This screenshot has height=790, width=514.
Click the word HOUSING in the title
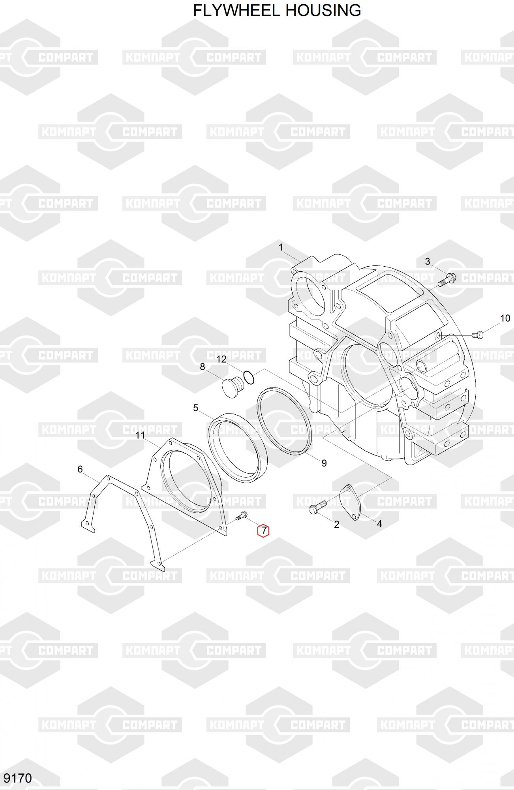[x=323, y=11]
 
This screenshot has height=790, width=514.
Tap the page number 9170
[x=17, y=778]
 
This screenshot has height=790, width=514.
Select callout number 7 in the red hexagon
[x=264, y=531]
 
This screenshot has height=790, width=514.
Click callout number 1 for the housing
[x=281, y=248]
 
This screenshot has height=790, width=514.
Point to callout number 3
[x=428, y=261]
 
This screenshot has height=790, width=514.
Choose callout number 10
[x=505, y=318]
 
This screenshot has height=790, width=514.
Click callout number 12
[x=221, y=359]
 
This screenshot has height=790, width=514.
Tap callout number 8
[x=203, y=367]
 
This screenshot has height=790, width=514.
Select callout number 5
[x=196, y=408]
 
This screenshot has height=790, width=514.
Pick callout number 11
[x=140, y=435]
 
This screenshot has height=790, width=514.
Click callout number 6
[x=80, y=469]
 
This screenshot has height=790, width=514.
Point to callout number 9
[x=324, y=463]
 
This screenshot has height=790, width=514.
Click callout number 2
[x=336, y=524]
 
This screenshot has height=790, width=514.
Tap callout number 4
[x=379, y=524]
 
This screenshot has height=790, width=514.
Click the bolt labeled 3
[x=446, y=279]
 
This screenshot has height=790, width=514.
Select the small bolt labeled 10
[x=477, y=335]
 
